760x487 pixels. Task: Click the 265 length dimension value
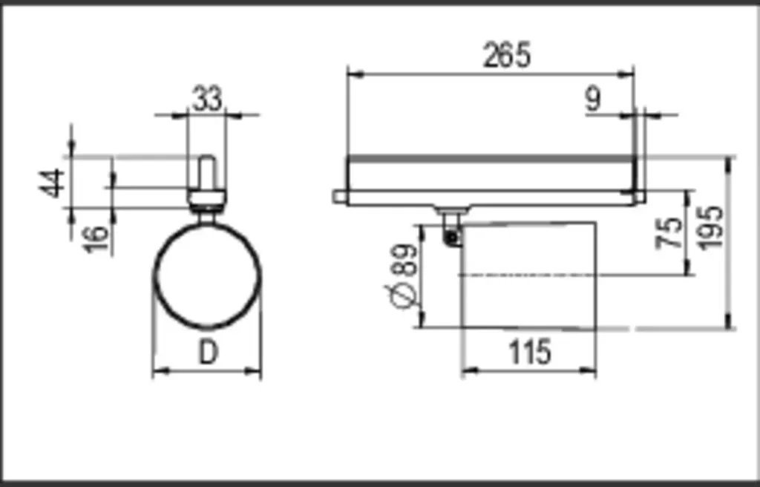507,55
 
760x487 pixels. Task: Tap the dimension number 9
593,99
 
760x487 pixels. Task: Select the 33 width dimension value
208,99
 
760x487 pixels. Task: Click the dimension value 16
96,238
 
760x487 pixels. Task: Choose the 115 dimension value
530,352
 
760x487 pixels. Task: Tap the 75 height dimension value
669,234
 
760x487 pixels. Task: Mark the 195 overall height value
711,228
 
